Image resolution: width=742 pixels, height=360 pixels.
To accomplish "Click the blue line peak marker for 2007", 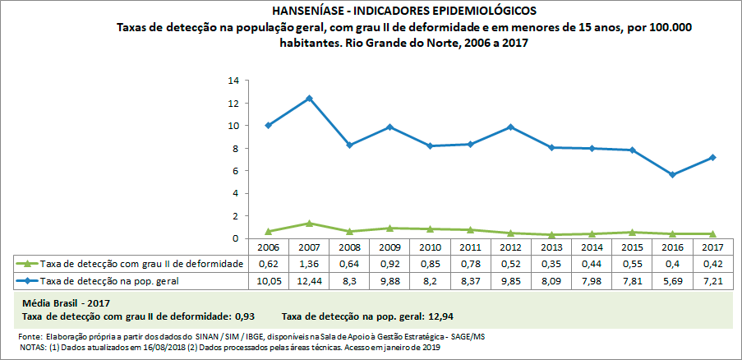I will coord(309,99).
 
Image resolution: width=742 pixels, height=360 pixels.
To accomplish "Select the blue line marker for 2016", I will coord(672,174).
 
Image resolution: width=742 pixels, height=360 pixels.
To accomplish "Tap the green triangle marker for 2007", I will coord(309,223).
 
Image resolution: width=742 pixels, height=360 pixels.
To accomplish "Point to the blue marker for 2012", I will coord(510,127).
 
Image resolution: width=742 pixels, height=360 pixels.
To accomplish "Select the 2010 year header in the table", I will coord(430,247).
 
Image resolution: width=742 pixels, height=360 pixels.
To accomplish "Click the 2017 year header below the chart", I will coord(712,247).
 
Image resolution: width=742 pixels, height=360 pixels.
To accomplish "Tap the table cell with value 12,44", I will coord(309,281).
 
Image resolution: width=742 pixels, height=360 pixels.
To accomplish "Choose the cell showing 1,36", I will coord(309,263).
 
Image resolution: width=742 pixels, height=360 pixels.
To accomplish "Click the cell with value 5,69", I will coord(672,281).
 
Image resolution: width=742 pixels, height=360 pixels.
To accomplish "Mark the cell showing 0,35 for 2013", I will coord(551,263).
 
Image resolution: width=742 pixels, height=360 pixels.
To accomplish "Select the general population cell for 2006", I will coord(269,281).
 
